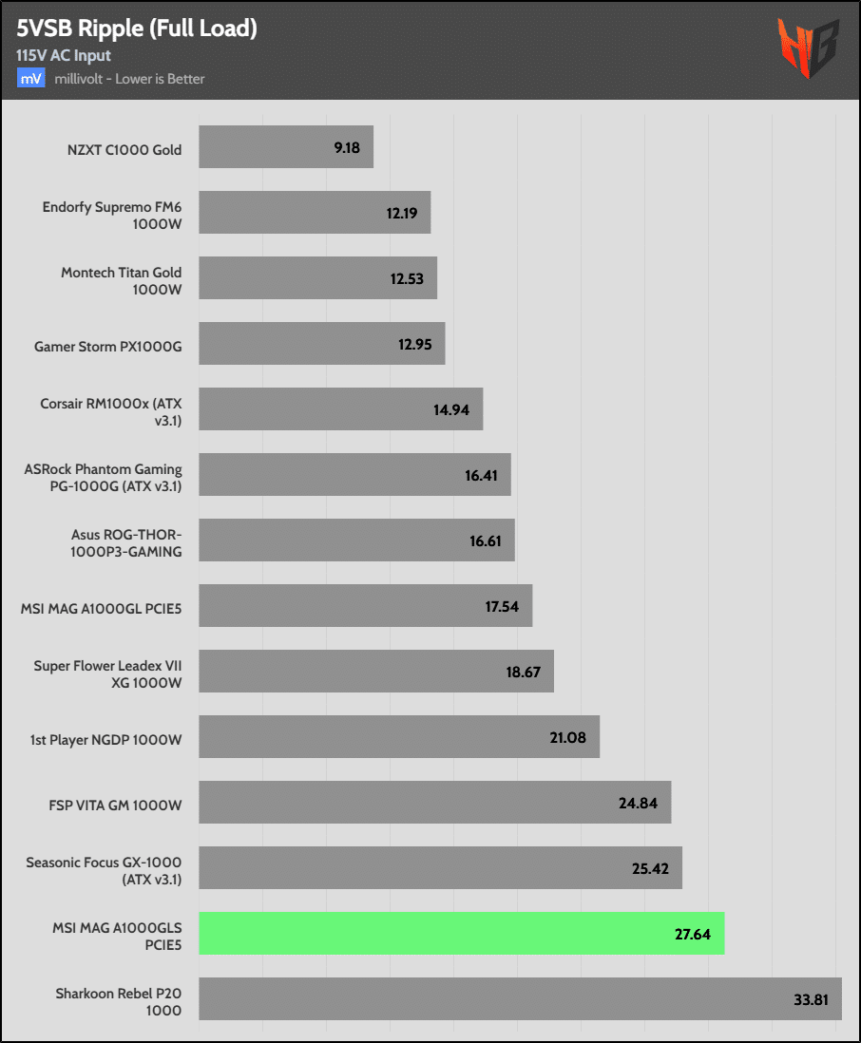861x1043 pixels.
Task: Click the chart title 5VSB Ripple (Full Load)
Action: pos(137,29)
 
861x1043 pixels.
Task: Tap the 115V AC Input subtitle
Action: pos(64,56)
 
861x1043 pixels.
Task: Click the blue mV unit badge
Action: pos(30,79)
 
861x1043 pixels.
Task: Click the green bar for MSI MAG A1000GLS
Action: pos(462,933)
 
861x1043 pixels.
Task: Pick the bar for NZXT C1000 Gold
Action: pos(286,147)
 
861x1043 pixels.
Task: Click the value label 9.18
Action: pos(347,148)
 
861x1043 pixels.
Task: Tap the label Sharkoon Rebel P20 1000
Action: pos(119,998)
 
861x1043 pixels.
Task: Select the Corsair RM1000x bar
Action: pos(340,409)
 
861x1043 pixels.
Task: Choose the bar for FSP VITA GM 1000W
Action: pos(434,803)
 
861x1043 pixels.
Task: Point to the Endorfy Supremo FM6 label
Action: pos(112,214)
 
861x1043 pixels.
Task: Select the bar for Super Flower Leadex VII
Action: pos(376,672)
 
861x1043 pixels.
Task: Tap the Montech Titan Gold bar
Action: pos(317,278)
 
